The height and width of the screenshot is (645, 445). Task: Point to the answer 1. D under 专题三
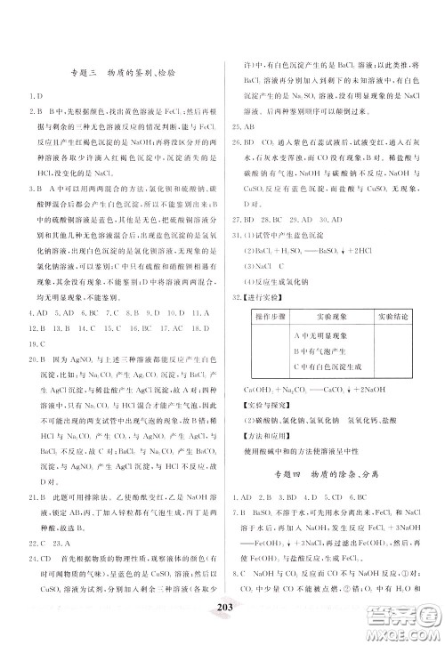click(33, 96)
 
